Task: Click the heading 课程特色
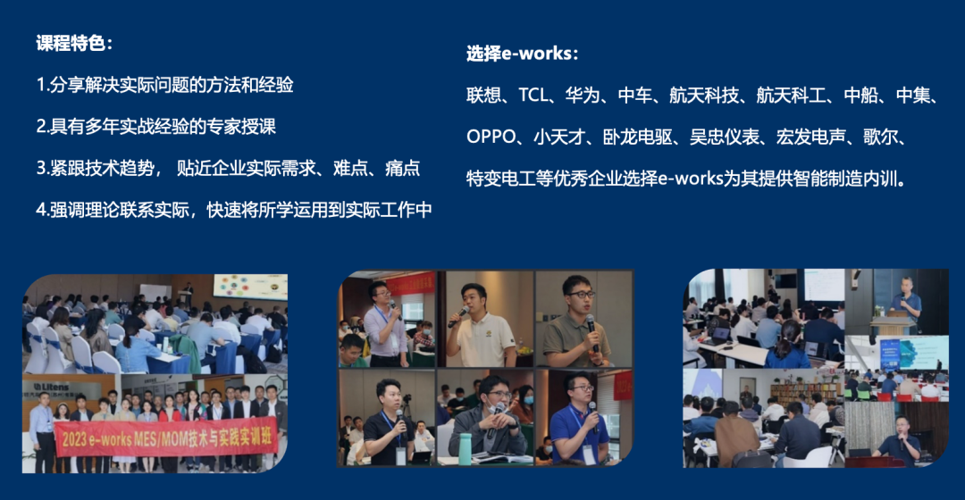71,43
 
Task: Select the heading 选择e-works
519,54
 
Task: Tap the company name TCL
533,96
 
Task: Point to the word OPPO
491,137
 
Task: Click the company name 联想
483,96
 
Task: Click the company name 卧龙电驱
637,137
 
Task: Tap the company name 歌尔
881,137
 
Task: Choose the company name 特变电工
500,179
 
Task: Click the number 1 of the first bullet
40,85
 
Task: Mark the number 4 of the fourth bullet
41,211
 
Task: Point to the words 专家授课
240,127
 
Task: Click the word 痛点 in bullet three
402,169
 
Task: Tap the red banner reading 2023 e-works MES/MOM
165,437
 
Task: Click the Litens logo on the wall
52,387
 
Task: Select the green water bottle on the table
465,448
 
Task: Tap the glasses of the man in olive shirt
580,295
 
